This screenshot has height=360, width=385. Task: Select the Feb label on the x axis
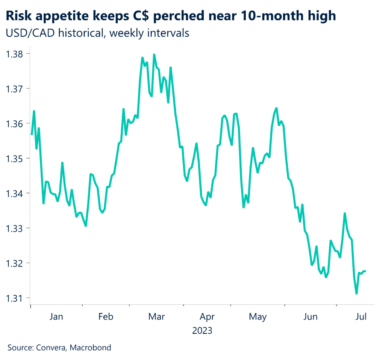[106, 317]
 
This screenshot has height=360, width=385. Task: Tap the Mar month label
[156, 317]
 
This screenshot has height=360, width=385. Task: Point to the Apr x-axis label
[207, 317]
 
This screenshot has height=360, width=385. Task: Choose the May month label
[258, 317]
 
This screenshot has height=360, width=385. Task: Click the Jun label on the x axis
[310, 317]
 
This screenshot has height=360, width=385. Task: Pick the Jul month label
[361, 317]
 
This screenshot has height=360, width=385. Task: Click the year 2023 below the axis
[202, 331]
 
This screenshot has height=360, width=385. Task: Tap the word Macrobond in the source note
[92, 348]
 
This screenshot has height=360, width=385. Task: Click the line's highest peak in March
[154, 54]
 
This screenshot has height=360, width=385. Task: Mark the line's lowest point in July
[356, 294]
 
